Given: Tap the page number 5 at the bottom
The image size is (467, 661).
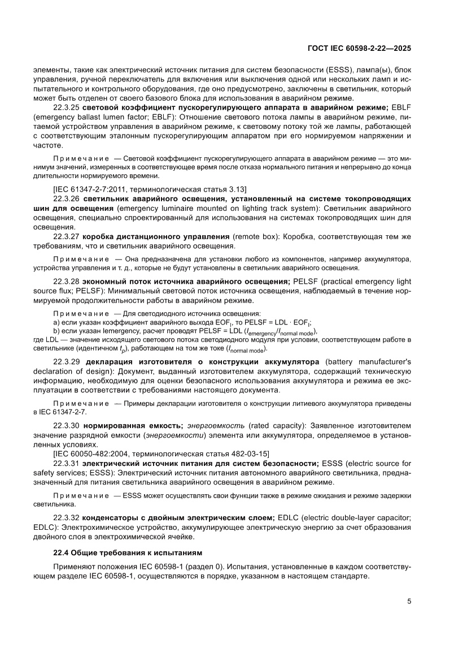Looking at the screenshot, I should pos(409,601).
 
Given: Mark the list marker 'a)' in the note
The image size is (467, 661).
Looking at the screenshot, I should pos(56,322).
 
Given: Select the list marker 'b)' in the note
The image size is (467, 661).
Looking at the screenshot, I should pos(56,330).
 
